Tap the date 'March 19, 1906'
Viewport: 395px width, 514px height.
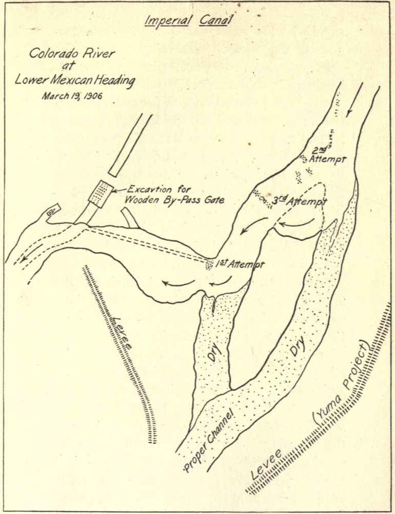point(72,96)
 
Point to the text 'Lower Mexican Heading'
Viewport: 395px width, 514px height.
point(74,80)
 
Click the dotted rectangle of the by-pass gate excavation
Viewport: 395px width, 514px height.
point(100,194)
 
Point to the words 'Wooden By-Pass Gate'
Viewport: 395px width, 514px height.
point(176,200)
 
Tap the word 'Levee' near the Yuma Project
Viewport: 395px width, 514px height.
point(267,465)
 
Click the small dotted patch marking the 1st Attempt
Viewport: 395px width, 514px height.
point(209,265)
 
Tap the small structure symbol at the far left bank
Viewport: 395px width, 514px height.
point(52,211)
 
